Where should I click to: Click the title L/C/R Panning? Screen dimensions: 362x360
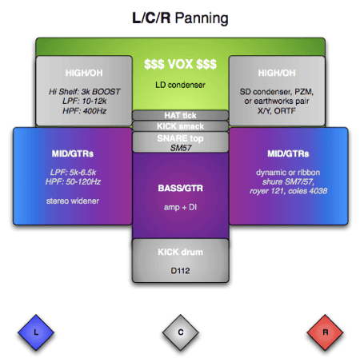coord(179,17)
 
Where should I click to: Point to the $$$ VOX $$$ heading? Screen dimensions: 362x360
coord(179,63)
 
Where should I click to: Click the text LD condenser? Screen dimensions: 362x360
coord(179,84)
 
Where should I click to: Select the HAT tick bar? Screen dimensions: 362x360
coord(179,116)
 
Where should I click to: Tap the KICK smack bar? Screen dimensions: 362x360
coord(179,126)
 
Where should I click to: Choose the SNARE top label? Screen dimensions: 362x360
coord(179,137)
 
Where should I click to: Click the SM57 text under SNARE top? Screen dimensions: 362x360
coord(179,147)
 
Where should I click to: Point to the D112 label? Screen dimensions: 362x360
coord(179,270)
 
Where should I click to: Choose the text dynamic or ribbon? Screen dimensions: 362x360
coord(289,172)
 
